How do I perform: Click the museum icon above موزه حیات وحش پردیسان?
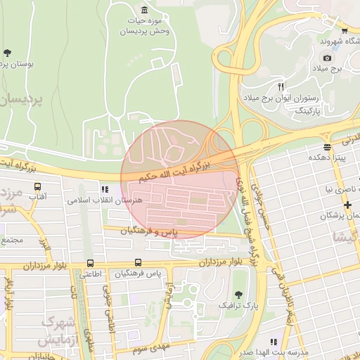click(144, 9)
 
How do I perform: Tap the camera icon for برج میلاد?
click(327, 58)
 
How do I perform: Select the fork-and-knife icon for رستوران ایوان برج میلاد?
click(281, 86)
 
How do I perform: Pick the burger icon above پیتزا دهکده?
click(327, 146)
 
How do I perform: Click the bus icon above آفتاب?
click(37, 187)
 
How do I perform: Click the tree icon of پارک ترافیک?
click(238, 294)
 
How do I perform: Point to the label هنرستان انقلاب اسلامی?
click(105, 200)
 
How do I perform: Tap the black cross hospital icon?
click(347, 204)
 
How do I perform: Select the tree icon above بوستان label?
click(8, 53)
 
